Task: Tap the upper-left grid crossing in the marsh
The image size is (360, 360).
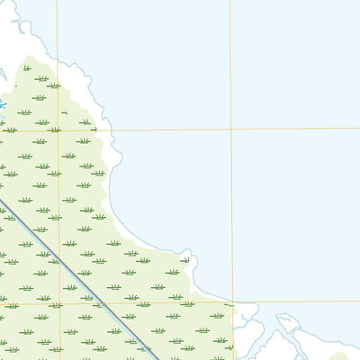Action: [59, 131]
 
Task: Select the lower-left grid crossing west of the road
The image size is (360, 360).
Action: [60, 304]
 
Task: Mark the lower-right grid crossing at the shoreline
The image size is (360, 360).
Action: [232, 303]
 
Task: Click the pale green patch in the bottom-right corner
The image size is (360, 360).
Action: [346, 355]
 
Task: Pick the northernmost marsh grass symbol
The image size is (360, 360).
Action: [27, 67]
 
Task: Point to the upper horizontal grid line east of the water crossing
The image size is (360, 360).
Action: [297, 128]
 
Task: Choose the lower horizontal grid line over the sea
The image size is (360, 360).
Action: [297, 301]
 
